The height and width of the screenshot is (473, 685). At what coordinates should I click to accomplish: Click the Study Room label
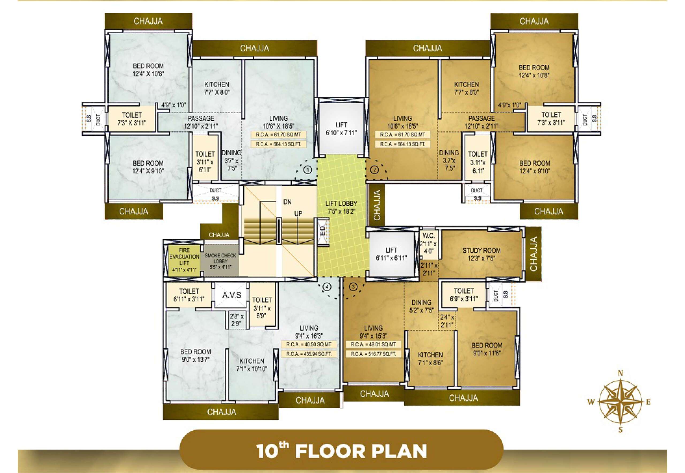(x=481, y=254)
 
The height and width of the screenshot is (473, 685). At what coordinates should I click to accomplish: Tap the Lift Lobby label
(x=341, y=207)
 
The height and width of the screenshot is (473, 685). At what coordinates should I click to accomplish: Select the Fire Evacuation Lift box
(x=184, y=260)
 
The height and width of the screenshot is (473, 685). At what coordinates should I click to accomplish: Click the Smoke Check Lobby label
(x=220, y=261)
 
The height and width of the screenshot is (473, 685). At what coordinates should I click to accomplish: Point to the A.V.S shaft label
(x=232, y=295)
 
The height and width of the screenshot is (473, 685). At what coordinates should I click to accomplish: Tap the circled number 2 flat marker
(x=375, y=170)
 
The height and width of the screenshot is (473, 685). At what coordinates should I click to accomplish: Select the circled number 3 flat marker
(x=353, y=287)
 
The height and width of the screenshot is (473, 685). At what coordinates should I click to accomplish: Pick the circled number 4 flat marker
(x=327, y=287)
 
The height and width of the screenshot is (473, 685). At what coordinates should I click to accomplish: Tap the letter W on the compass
(x=591, y=402)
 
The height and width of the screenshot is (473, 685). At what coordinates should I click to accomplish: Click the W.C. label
(x=428, y=236)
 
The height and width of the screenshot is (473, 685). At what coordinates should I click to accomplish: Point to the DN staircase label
(x=287, y=202)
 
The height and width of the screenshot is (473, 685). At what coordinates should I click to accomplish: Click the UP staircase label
(x=298, y=213)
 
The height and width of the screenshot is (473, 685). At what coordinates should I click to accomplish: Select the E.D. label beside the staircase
(x=323, y=230)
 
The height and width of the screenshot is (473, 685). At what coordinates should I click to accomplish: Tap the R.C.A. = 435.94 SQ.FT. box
(x=309, y=354)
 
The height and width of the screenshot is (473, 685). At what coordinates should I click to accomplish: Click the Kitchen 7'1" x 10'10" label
(x=252, y=365)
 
